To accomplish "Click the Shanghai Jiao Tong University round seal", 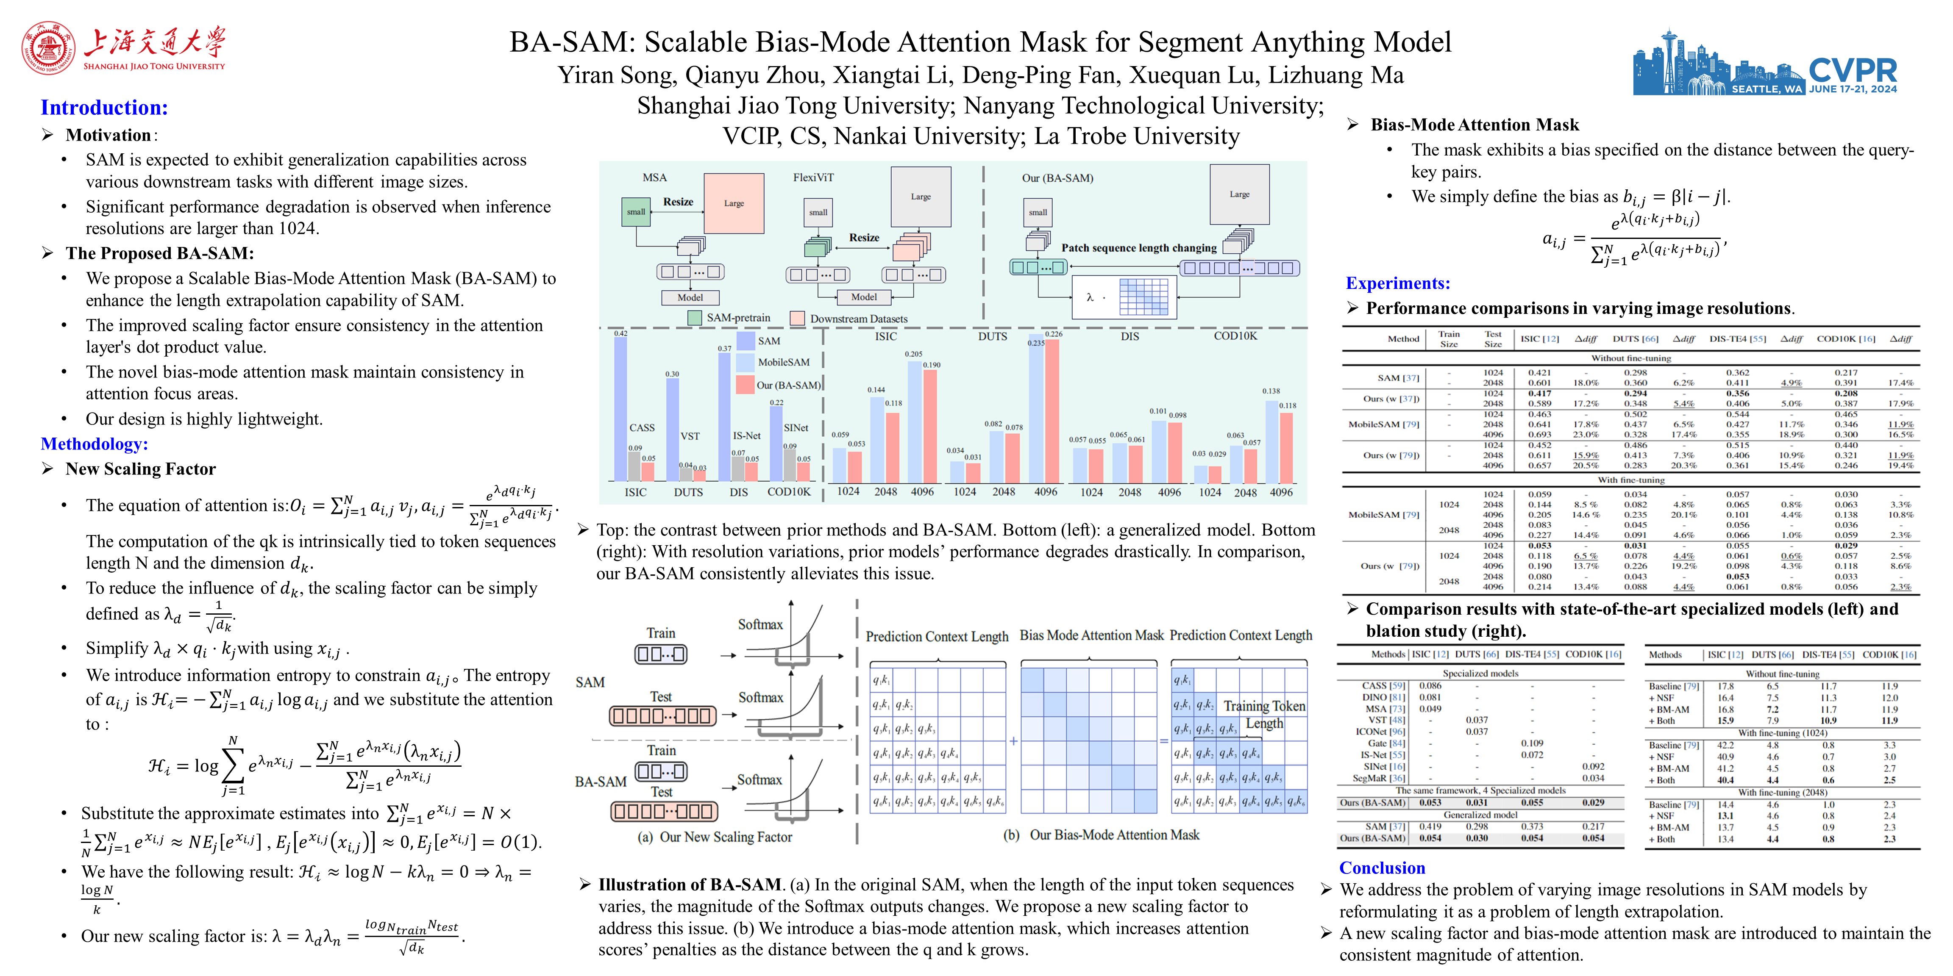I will tap(48, 48).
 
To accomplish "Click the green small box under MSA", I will tap(635, 212).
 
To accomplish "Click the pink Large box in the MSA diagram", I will tap(733, 203).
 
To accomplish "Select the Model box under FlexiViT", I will tap(863, 297).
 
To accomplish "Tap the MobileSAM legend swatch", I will tap(745, 362).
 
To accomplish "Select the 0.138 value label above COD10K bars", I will tap(1271, 391).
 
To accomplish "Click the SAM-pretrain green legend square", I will tap(695, 318).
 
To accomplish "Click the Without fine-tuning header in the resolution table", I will tap(1630, 358).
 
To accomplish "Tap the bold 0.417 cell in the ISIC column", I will tap(1539, 393).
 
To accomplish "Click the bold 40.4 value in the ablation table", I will tap(1725, 780).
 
